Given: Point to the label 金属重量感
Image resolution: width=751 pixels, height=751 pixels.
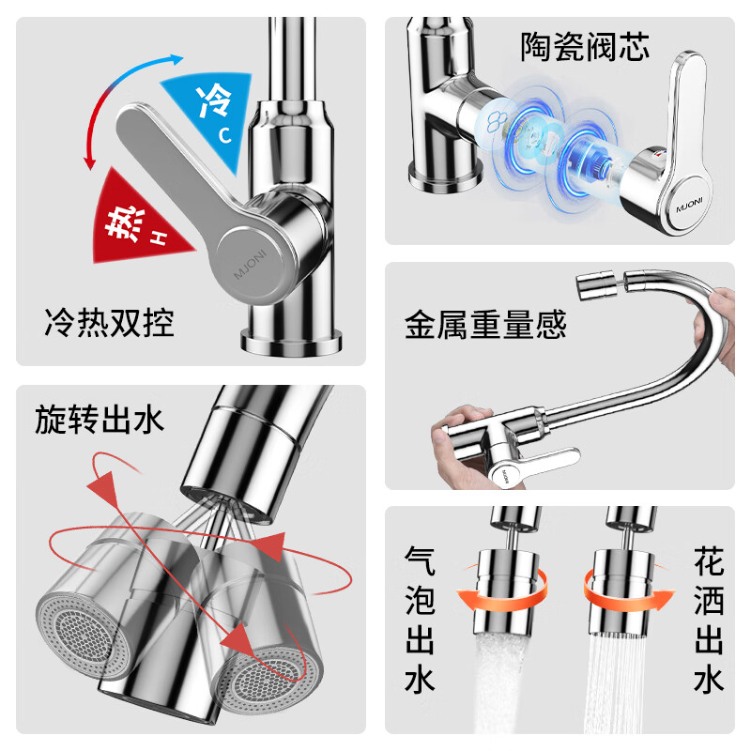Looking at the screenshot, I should coord(485,325).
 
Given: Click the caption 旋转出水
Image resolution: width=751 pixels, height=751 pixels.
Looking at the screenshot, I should coord(100,418).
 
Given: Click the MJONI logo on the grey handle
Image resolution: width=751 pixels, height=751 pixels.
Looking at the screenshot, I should coord(249,255).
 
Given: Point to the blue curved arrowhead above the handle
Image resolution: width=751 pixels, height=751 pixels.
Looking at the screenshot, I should coord(175,58).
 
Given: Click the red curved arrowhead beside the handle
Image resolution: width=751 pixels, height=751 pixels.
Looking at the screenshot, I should coord(90,161).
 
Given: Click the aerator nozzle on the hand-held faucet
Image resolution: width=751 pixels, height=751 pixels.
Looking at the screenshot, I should coord(594,284).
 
